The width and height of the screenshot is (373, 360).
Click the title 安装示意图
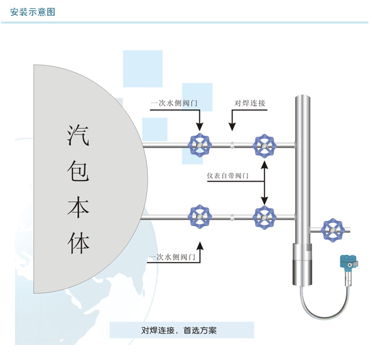click(x=33, y=12)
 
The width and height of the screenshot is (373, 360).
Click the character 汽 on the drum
click(x=78, y=135)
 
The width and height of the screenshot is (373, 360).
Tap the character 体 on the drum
click(x=78, y=243)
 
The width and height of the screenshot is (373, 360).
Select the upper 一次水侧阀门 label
click(x=174, y=103)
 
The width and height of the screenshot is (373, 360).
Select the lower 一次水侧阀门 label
click(x=172, y=257)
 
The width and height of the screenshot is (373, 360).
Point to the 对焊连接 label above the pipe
click(x=250, y=103)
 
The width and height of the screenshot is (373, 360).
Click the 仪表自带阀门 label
click(x=227, y=176)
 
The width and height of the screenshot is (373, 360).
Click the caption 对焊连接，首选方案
click(x=179, y=330)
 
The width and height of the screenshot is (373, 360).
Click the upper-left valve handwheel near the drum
click(x=200, y=145)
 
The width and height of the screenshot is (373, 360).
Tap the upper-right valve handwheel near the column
click(x=265, y=146)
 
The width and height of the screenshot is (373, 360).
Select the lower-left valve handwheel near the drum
click(x=200, y=216)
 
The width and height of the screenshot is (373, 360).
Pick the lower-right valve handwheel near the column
click(x=265, y=218)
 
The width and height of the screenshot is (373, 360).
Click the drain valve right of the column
click(x=332, y=230)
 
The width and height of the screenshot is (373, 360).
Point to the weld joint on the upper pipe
click(x=232, y=145)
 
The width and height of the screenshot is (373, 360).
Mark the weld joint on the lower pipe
click(x=232, y=217)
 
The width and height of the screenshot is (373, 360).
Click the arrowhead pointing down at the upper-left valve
click(x=200, y=127)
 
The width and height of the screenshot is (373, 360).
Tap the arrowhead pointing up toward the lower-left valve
click(x=200, y=246)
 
